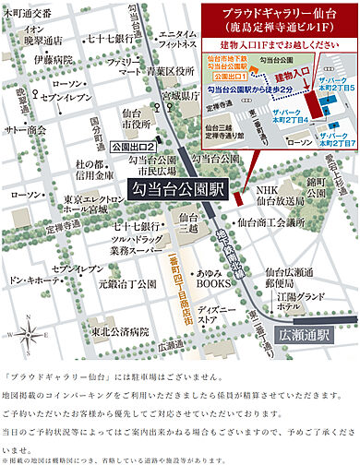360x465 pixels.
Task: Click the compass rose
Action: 26,333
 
